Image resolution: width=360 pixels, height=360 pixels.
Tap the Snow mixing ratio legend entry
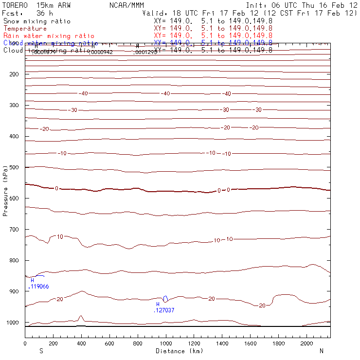pos(36,21)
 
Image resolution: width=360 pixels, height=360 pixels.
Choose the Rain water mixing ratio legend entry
pos(49,36)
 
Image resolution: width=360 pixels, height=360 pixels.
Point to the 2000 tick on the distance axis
pos(307,343)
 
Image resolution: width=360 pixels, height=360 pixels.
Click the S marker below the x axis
pos(41,351)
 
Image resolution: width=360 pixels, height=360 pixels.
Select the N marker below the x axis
pos(321,351)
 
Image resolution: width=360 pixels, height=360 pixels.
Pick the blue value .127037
pos(164,310)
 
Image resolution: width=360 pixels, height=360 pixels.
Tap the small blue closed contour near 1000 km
pos(165,299)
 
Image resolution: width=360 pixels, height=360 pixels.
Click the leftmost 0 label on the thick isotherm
pos(56,188)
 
